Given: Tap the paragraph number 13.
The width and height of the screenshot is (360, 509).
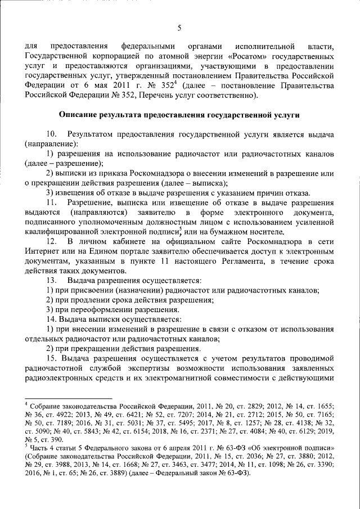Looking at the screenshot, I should (51, 280).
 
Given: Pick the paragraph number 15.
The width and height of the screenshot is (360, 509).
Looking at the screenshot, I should (51, 358).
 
